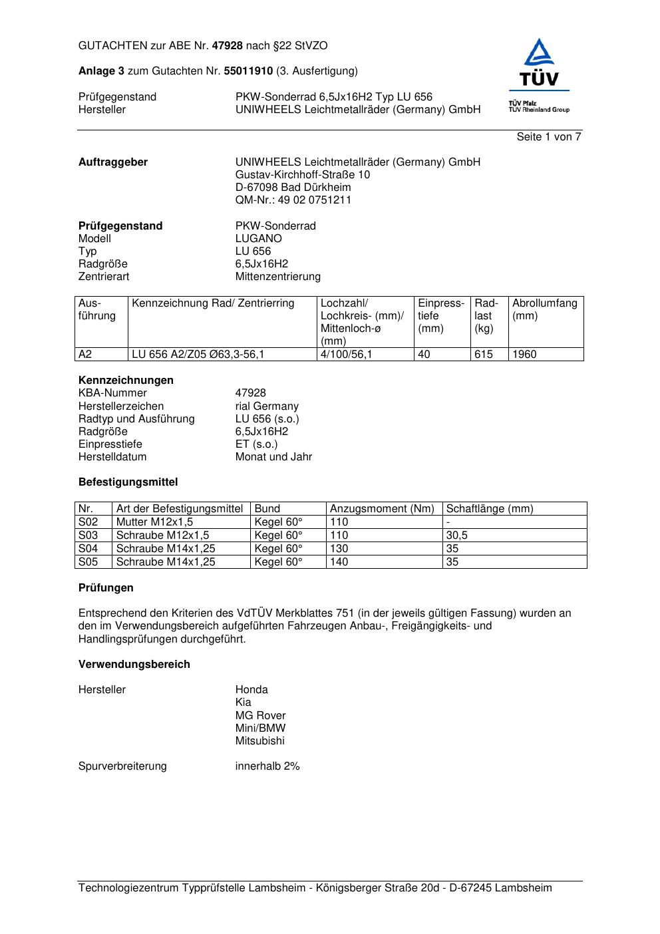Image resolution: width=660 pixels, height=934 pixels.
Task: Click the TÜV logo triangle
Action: (538, 54)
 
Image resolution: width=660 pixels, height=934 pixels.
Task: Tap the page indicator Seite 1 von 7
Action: (549, 137)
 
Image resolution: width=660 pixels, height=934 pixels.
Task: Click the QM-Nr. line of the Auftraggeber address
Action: (293, 200)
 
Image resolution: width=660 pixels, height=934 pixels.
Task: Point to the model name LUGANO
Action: (258, 239)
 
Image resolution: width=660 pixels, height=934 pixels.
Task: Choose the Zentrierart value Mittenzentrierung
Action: (277, 277)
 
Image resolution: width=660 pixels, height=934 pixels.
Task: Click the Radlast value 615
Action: (484, 355)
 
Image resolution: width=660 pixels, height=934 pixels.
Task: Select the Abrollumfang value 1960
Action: (524, 355)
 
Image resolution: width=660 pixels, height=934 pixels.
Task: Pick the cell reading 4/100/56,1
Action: (346, 355)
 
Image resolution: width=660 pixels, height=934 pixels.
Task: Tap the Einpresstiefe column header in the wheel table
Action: (441, 316)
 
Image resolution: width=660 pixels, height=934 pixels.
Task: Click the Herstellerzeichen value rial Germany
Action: (267, 406)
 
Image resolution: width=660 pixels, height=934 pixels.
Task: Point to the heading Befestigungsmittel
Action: (128, 482)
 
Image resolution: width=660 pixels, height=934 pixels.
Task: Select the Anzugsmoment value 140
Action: (339, 562)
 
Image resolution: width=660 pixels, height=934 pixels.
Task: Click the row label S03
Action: (88, 536)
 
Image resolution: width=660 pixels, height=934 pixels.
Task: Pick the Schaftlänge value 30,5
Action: (456, 536)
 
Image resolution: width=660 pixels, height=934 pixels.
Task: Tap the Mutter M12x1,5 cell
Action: (154, 522)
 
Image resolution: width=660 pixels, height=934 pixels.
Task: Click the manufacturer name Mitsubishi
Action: (259, 741)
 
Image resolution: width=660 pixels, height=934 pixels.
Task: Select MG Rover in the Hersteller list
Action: (260, 716)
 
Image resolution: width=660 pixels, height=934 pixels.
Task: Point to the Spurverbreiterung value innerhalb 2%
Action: (267, 766)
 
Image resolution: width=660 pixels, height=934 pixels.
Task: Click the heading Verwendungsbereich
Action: (134, 665)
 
